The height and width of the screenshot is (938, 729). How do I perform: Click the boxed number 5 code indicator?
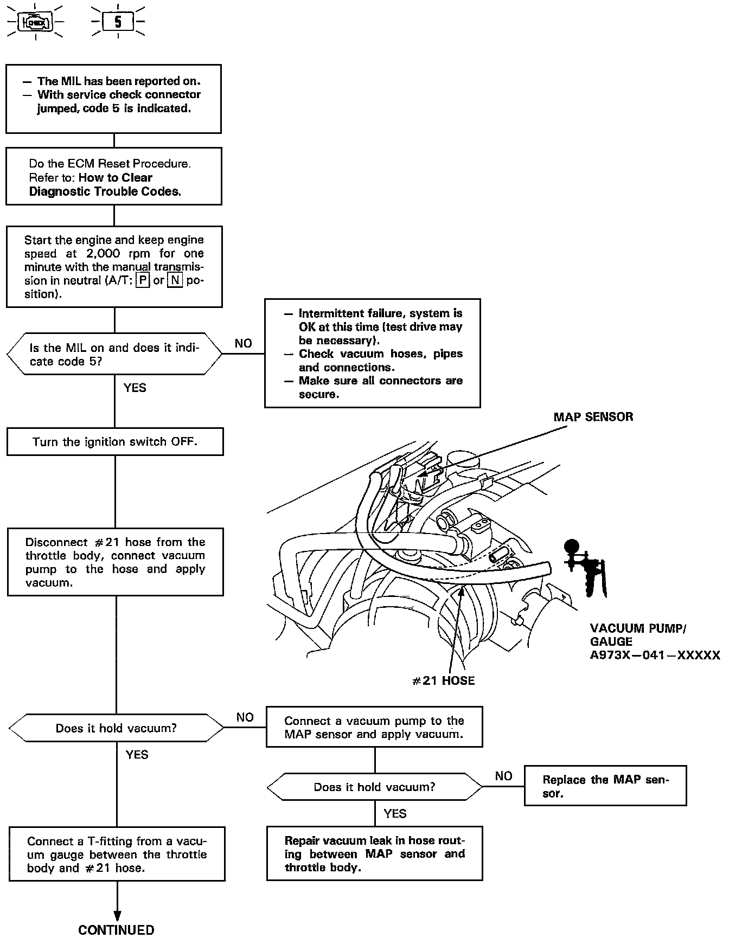point(118,22)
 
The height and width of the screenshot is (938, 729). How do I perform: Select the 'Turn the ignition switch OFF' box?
point(115,442)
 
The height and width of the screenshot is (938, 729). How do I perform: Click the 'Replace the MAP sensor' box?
point(605,786)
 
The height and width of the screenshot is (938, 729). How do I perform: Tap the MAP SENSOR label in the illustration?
point(593,417)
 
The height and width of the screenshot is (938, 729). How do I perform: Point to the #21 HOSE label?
point(443,680)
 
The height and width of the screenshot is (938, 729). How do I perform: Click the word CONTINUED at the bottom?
point(117,930)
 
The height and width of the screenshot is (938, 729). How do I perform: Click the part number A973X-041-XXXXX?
point(655,656)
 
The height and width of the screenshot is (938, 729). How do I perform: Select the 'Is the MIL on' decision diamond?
point(114,354)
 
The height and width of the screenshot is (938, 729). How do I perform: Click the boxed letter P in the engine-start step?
point(143,281)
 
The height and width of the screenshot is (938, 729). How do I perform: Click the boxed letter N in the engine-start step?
point(175,281)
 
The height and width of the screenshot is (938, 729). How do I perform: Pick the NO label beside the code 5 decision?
point(244,343)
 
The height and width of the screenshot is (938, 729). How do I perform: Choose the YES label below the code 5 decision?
point(135,388)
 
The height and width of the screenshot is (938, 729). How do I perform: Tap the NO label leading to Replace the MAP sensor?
point(503,776)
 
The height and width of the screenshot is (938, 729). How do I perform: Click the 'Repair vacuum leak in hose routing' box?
point(374,854)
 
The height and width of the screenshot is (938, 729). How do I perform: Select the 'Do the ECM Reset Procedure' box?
point(114,177)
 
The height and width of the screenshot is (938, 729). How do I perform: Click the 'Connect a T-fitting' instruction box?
point(117,855)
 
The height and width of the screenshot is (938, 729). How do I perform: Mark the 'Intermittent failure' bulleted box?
point(372,353)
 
